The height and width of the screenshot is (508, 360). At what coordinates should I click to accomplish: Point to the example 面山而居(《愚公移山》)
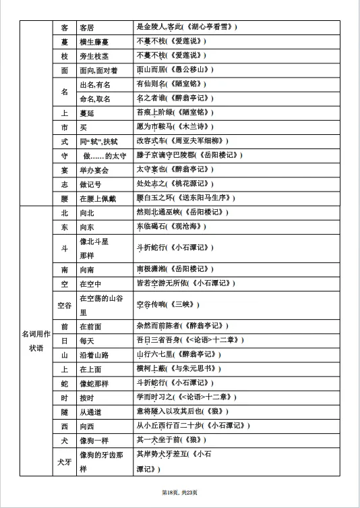click(x=177, y=69)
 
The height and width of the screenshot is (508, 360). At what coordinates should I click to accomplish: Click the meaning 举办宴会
click(x=94, y=169)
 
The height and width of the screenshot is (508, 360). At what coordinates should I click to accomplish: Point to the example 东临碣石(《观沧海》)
click(x=170, y=227)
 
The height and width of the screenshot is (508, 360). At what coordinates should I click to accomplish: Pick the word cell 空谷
click(x=64, y=305)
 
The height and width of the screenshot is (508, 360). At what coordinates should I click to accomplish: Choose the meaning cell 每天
click(x=87, y=340)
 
